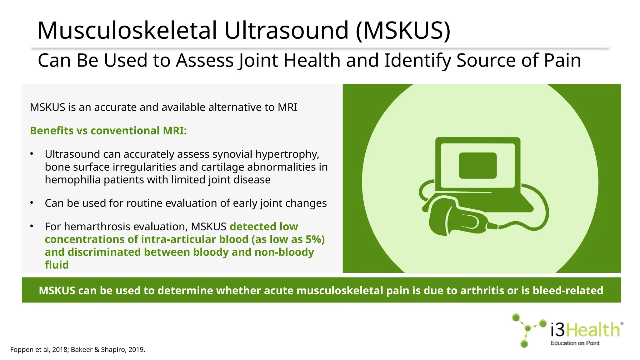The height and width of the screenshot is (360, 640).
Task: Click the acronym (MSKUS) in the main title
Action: pyautogui.click(x=403, y=31)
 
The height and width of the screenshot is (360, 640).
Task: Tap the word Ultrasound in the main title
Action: pyautogui.click(x=286, y=31)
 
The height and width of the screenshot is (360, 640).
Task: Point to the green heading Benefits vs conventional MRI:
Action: pyautogui.click(x=108, y=131)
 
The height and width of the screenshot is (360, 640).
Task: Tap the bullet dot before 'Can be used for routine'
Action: pyautogui.click(x=32, y=203)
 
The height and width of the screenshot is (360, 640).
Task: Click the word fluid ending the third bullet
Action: pyautogui.click(x=57, y=265)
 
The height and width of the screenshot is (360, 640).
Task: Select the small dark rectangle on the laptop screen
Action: pyautogui.click(x=477, y=165)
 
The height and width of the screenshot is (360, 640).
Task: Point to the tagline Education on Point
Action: pyautogui.click(x=575, y=343)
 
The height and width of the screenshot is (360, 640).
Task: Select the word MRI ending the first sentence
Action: pyautogui.click(x=287, y=107)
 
